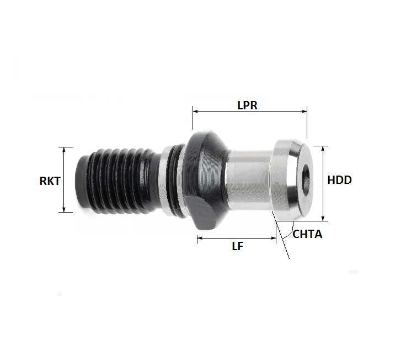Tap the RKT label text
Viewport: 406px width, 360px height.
[x=50, y=180]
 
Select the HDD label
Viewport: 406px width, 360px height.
[x=339, y=180]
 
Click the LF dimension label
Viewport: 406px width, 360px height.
[x=237, y=247]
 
